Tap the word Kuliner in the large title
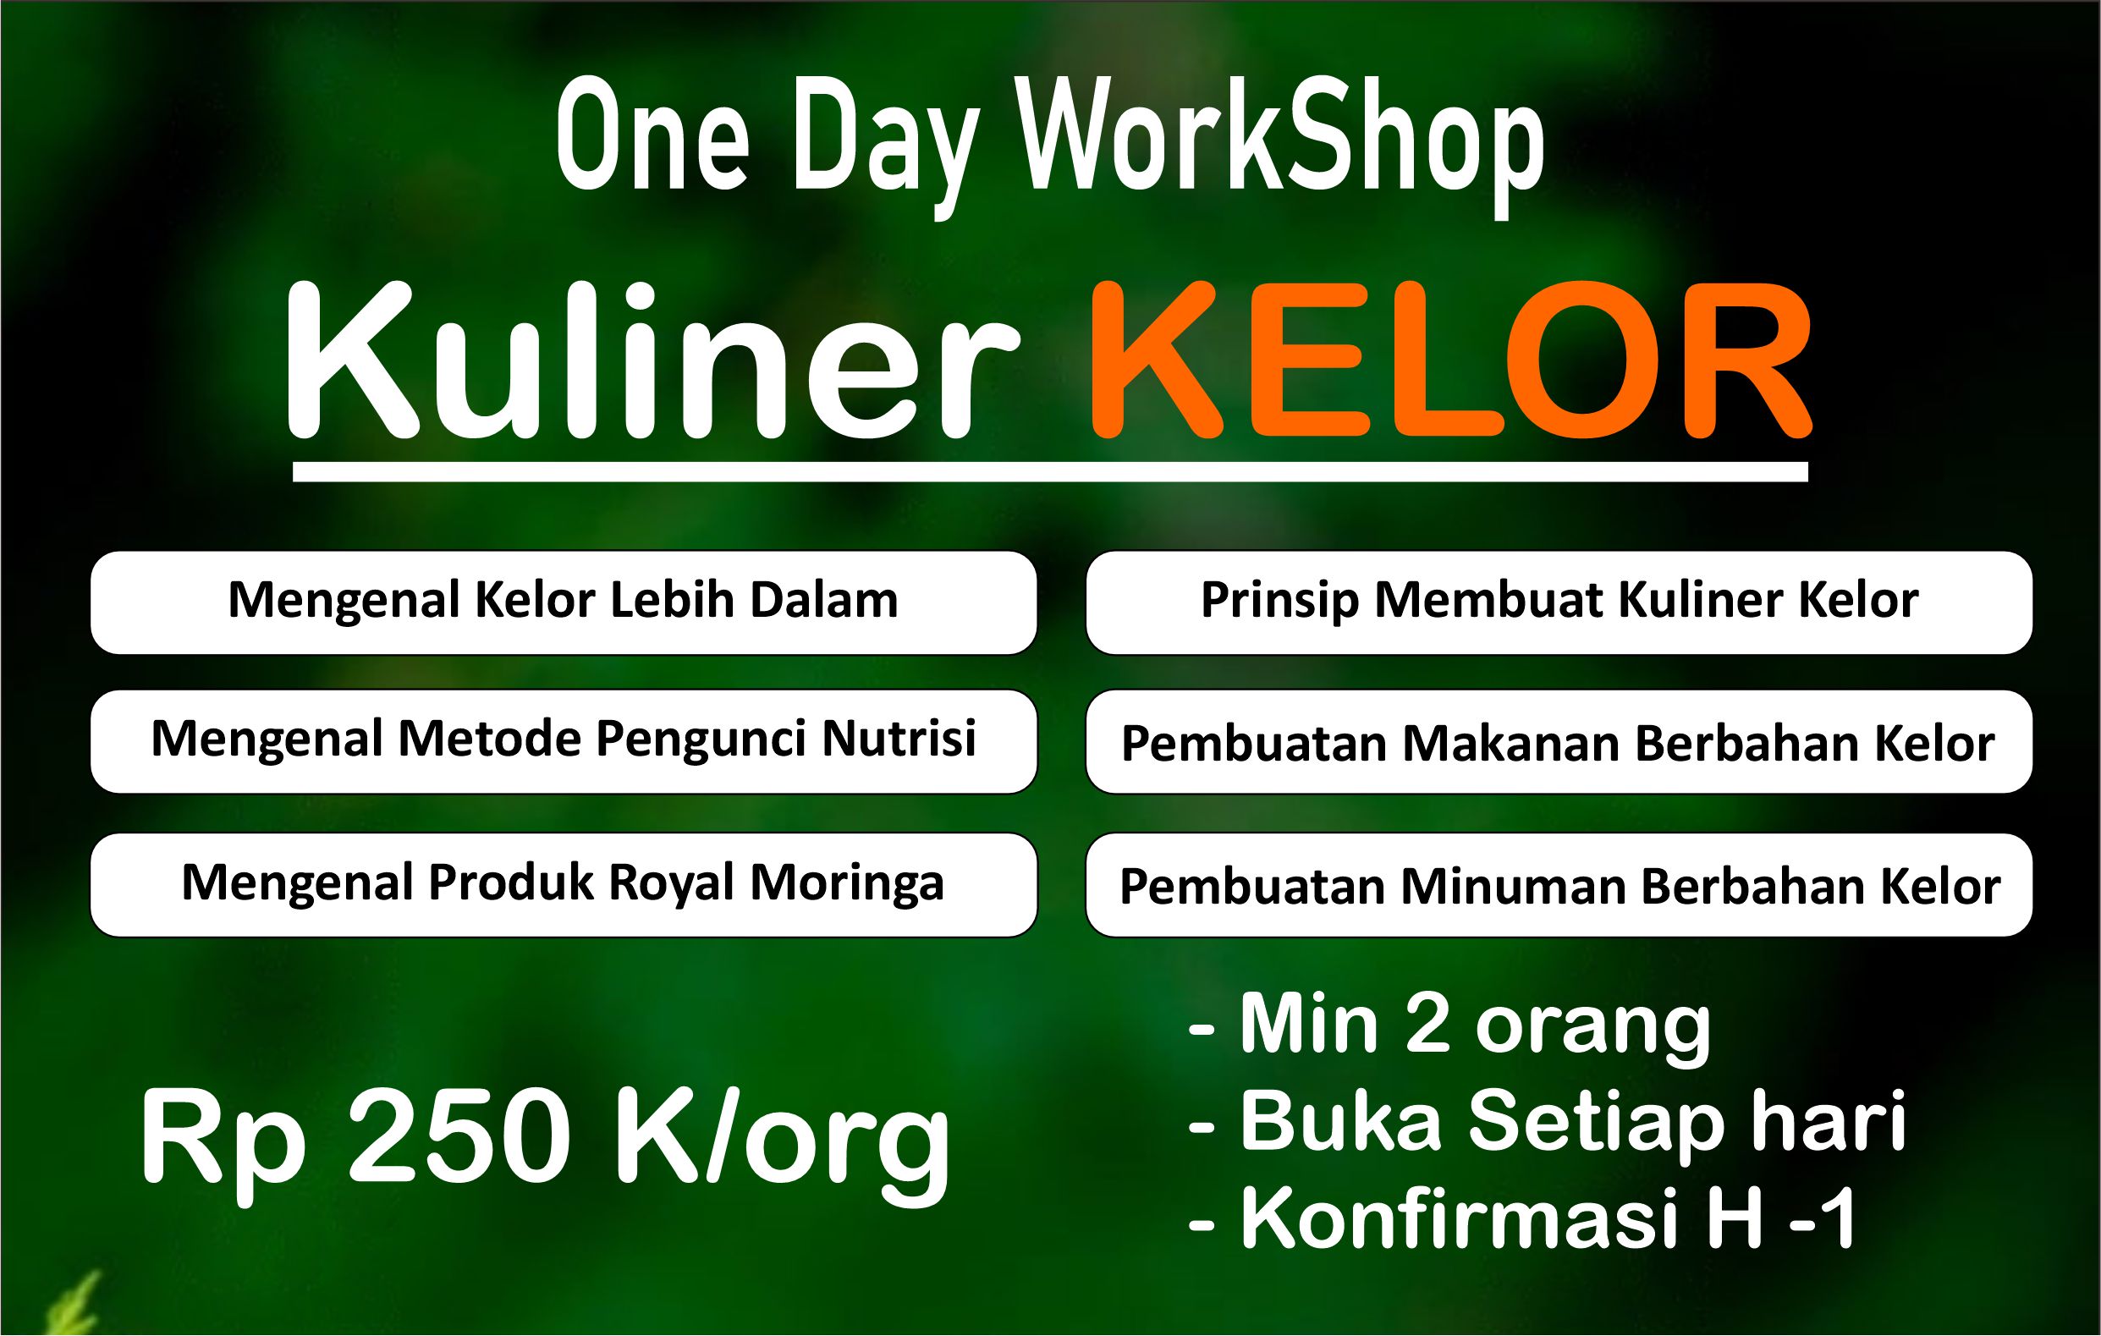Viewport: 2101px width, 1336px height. tap(652, 360)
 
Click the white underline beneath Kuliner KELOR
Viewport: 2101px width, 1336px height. tap(1051, 471)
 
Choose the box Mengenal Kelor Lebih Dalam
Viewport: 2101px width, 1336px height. tap(564, 602)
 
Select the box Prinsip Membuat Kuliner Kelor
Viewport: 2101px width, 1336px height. tap(1559, 602)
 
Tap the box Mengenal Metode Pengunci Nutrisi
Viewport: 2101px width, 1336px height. tap(564, 742)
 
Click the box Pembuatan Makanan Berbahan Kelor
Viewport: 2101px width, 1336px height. tap(1559, 742)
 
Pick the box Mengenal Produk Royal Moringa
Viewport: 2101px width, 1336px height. tap(564, 885)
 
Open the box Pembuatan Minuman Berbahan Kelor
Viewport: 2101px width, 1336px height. tap(1559, 885)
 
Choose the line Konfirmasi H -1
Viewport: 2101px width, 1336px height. tap(1522, 1219)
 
